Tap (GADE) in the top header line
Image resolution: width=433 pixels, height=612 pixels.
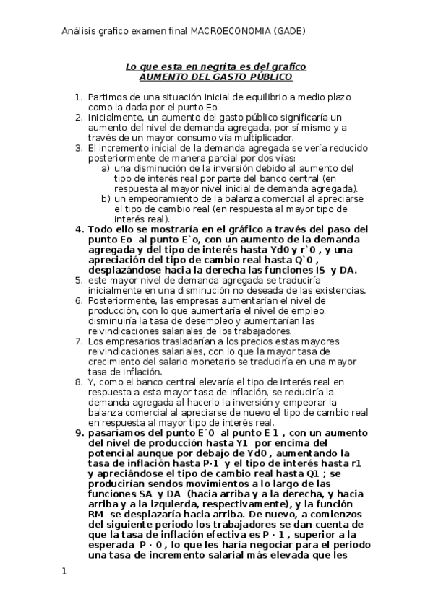(289, 31)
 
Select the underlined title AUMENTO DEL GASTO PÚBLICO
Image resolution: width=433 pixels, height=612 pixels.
(215, 76)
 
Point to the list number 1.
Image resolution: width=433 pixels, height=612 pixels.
(79, 96)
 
